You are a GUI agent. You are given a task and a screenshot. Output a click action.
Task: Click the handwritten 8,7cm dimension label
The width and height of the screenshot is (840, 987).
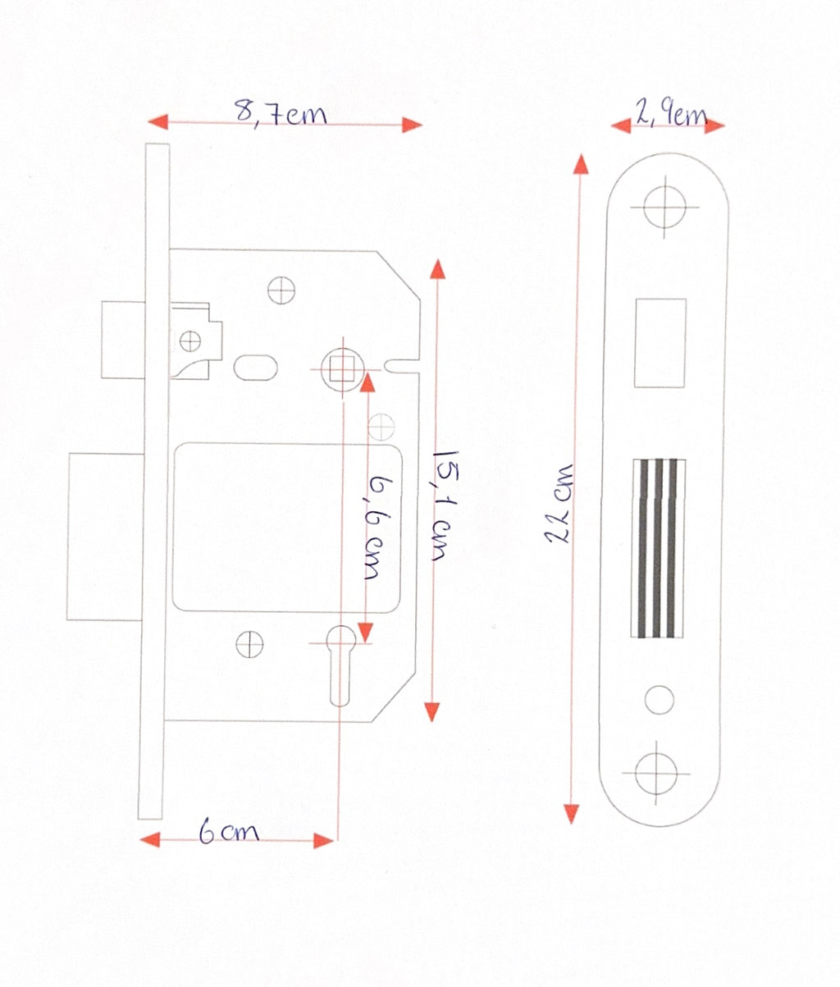tap(281, 114)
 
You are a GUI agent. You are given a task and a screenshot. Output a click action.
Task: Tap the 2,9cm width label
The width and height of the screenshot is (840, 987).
tap(670, 114)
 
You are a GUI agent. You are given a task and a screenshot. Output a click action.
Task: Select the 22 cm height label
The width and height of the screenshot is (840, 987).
tap(559, 503)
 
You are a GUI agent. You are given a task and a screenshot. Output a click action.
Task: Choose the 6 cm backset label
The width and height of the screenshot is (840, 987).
tap(229, 831)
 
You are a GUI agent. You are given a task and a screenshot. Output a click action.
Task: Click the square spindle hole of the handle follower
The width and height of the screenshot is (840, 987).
tap(342, 369)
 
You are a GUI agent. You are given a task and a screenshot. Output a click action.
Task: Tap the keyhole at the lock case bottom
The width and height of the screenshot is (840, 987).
tap(340, 665)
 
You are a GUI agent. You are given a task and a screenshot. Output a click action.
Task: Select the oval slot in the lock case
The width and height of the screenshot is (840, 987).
tap(255, 368)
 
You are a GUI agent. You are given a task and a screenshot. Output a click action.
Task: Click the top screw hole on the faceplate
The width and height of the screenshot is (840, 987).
tap(664, 208)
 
